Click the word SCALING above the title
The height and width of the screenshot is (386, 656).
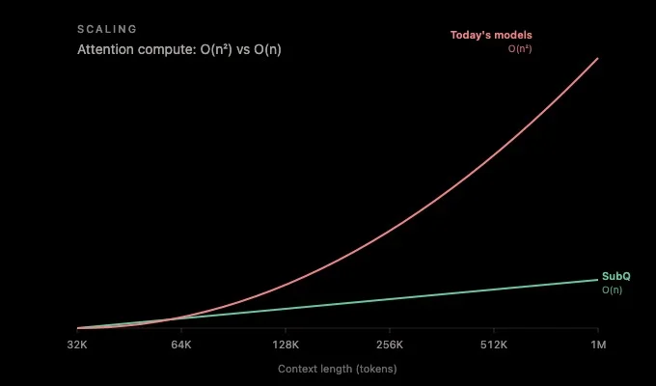[107, 29]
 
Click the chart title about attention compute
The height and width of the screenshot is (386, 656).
[179, 50]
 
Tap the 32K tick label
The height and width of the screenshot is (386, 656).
[77, 345]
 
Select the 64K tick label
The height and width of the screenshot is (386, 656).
[181, 345]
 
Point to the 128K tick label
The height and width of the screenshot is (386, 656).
[286, 345]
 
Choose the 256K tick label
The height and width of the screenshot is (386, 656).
[390, 345]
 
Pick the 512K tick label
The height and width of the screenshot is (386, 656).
[494, 345]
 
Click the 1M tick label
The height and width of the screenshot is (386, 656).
[598, 345]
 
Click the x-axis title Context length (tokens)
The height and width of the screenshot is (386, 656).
[338, 370]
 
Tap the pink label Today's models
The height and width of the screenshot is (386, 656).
[491, 35]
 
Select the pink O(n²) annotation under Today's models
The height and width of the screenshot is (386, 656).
[520, 49]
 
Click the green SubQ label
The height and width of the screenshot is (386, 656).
[615, 276]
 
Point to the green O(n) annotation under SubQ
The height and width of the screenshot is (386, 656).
[612, 289]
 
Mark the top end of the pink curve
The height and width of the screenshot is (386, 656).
[597, 59]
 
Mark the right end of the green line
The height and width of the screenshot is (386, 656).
[598, 280]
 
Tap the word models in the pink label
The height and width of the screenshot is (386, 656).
[513, 35]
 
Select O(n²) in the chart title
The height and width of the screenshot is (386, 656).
[216, 50]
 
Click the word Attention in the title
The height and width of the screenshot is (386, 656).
[105, 50]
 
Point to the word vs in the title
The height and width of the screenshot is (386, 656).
[243, 50]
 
